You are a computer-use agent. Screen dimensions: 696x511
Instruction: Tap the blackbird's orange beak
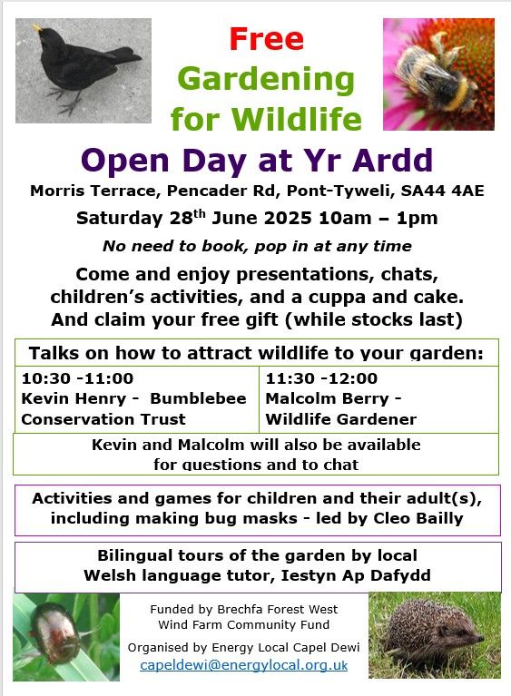pos(38,28)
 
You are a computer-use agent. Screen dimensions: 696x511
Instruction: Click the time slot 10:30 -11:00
pos(77,378)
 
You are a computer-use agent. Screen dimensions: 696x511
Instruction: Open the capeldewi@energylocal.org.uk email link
pos(243,665)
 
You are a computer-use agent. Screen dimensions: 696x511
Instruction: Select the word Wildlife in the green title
pos(297,119)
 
